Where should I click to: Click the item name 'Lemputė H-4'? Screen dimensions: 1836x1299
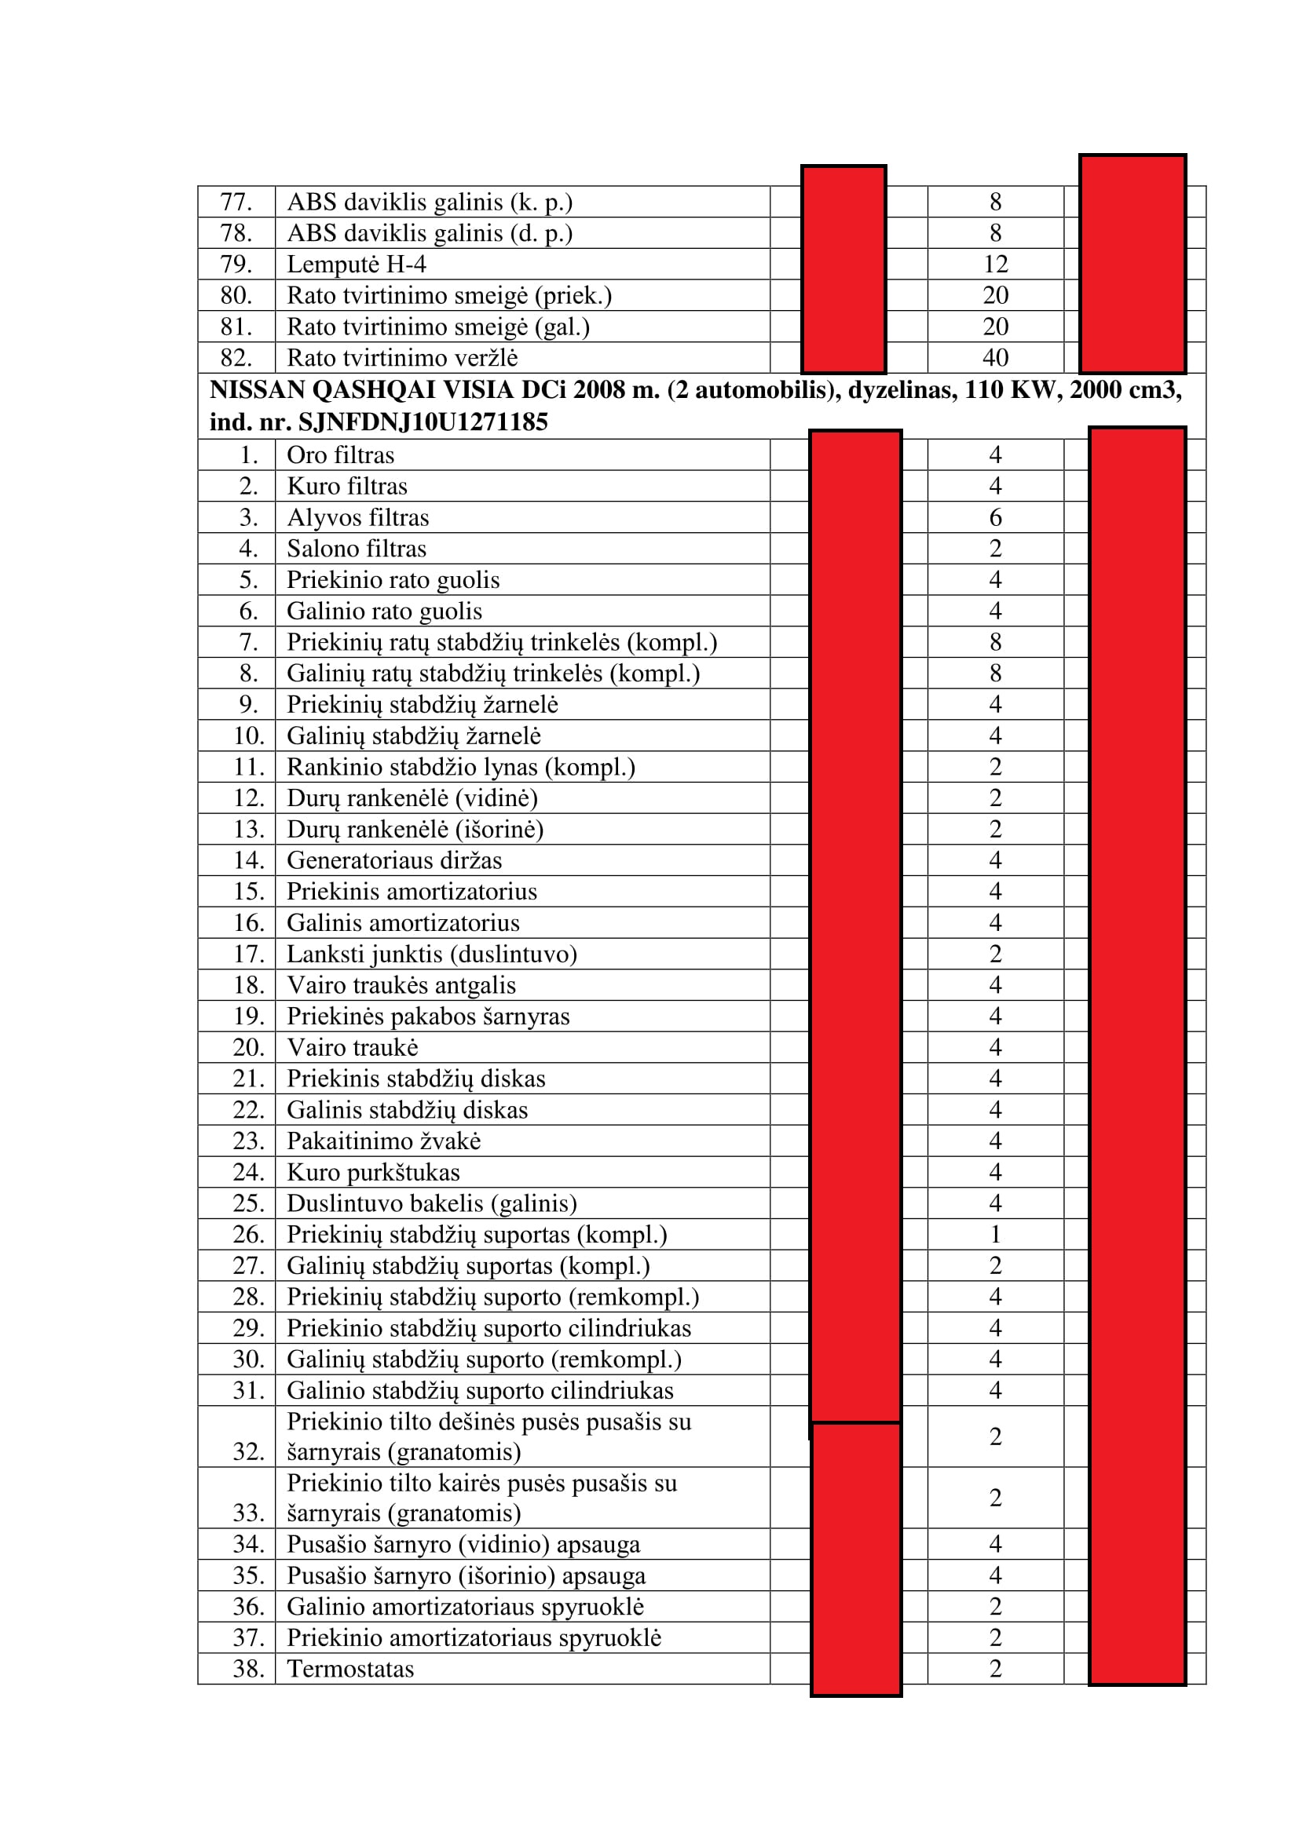tap(356, 264)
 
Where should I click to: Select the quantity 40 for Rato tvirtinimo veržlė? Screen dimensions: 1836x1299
tap(995, 357)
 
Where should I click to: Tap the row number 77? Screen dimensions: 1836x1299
tap(236, 202)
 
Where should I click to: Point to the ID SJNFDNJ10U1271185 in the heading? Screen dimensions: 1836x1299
tap(423, 422)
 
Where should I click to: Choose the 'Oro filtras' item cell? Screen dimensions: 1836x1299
tap(340, 455)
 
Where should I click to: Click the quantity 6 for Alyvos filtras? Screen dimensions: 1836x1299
tap(995, 517)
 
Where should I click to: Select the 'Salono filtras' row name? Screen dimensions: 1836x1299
tap(356, 549)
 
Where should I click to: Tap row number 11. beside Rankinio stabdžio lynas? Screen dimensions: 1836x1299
tap(249, 767)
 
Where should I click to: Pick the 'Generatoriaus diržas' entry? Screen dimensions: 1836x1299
tap(394, 860)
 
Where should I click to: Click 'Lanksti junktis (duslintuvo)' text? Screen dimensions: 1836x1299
tap(432, 954)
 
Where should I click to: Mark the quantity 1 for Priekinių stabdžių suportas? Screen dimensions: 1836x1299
tap(995, 1235)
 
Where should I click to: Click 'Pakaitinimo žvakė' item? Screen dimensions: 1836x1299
tap(384, 1141)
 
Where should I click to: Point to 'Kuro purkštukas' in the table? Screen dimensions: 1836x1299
tap(374, 1172)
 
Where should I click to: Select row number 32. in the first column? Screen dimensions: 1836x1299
tap(249, 1451)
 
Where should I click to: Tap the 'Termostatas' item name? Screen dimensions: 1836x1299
tap(350, 1669)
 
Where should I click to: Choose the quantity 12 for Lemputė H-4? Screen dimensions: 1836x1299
tap(995, 264)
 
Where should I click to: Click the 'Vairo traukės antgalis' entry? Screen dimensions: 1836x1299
tap(401, 985)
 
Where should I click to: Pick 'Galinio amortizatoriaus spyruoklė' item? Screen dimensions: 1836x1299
tap(466, 1607)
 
